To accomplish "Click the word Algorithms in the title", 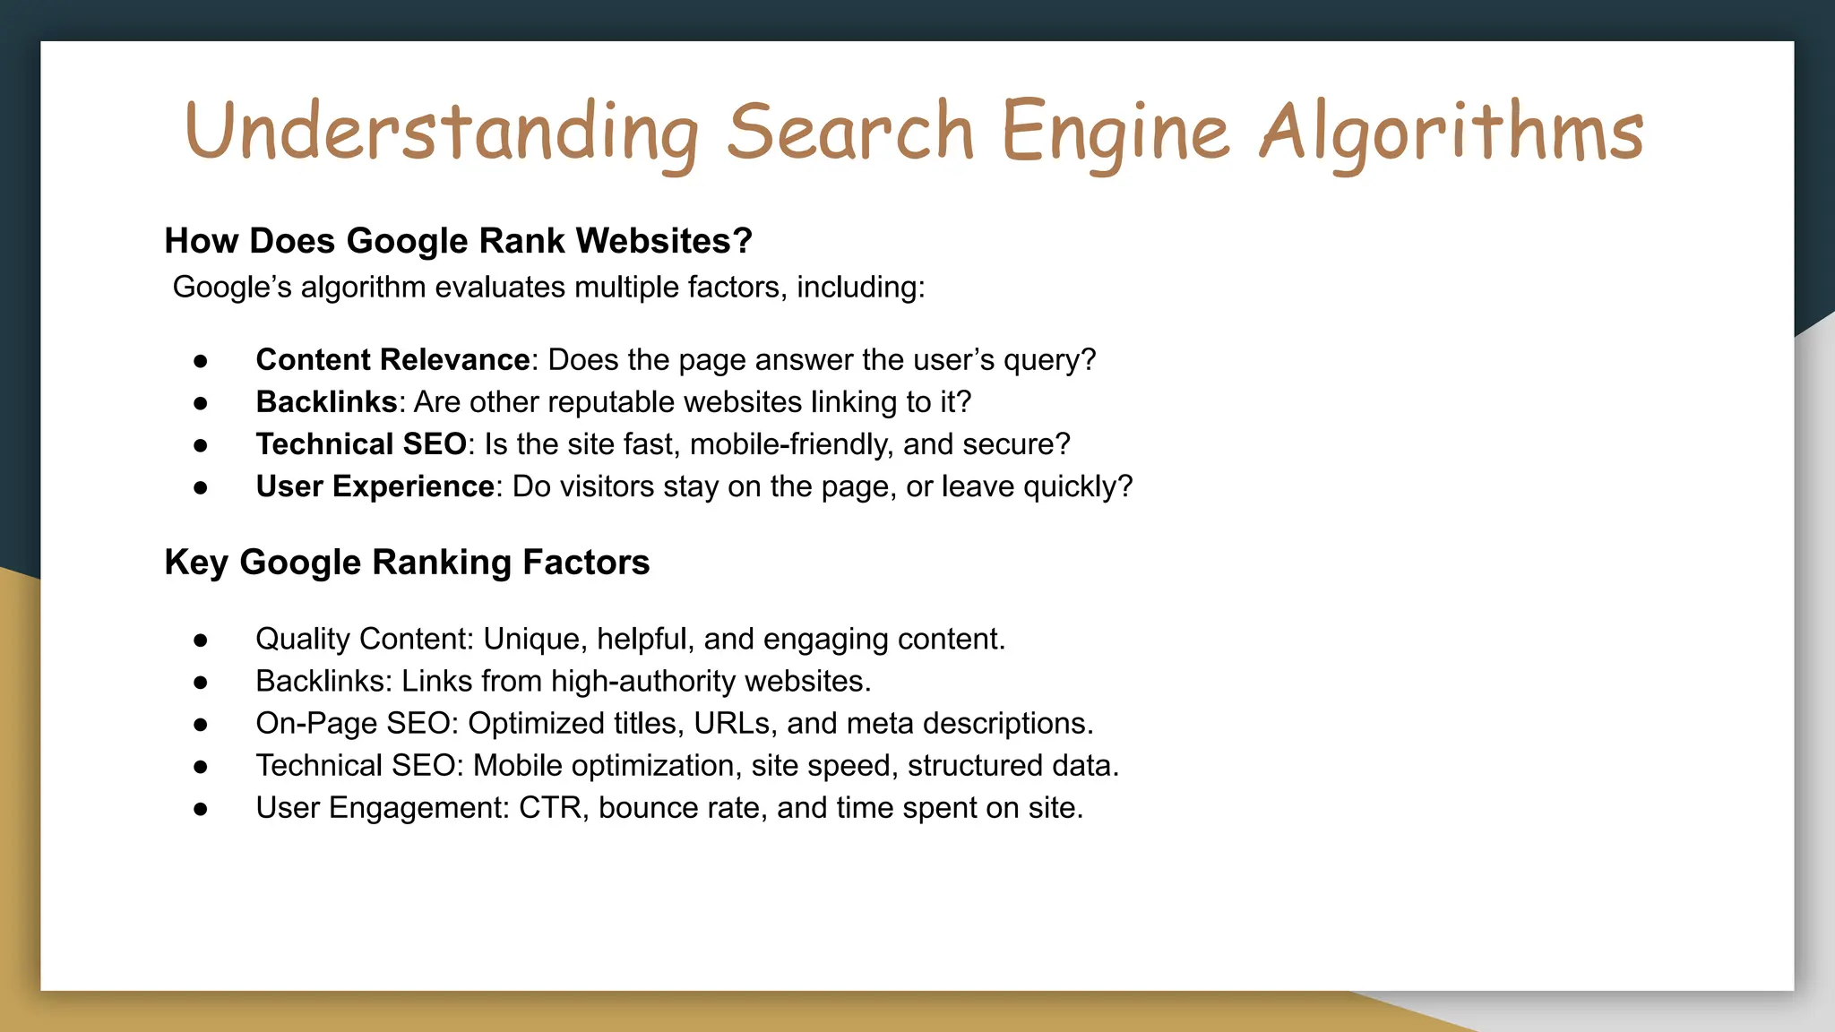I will coord(1451,133).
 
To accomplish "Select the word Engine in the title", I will coord(1116,133).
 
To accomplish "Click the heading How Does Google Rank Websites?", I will coord(458,241).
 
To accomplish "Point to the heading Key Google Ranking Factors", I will coord(407,563).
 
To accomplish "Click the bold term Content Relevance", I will coord(392,360).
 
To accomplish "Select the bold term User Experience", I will coord(375,486).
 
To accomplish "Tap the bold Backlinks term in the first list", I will coord(326,402).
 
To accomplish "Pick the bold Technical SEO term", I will coord(361,444).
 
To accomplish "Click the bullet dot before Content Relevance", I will coord(201,361).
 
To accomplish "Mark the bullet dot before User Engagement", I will coord(201,809).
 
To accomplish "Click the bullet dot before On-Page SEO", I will coord(201,725).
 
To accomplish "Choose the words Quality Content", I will coord(364,640).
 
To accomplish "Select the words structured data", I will coord(1012,766).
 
